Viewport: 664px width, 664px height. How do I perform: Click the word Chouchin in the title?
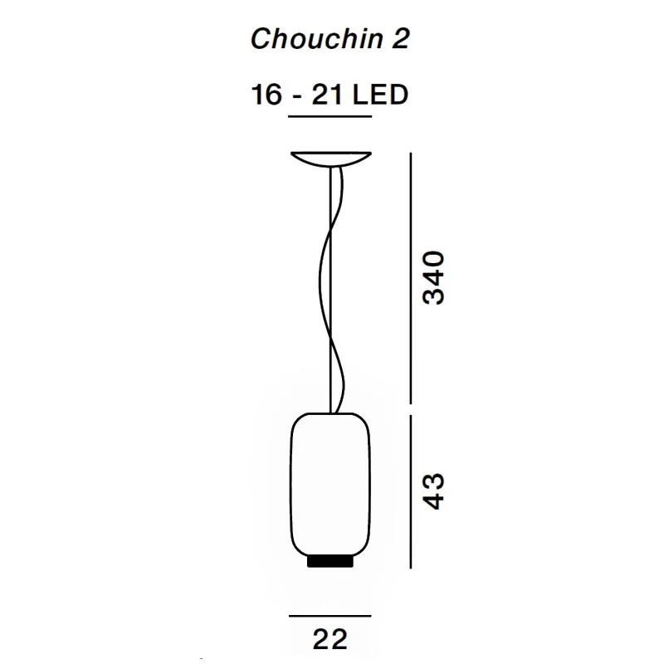click(x=317, y=38)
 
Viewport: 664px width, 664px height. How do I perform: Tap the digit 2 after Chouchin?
click(x=400, y=38)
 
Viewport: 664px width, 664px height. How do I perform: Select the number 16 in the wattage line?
click(x=266, y=95)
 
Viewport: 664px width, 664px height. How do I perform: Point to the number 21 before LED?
click(x=326, y=95)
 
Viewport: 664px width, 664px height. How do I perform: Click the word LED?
click(x=380, y=95)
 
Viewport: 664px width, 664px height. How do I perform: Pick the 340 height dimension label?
click(x=433, y=278)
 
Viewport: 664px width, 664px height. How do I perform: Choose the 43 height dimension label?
click(x=433, y=491)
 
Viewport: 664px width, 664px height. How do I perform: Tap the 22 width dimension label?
click(x=330, y=639)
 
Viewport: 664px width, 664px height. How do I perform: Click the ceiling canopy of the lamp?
click(x=331, y=159)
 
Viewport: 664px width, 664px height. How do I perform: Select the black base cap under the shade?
click(x=330, y=561)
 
